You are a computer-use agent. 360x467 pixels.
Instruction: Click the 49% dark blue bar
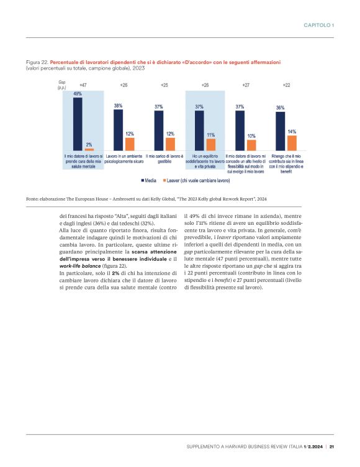coord(78,124)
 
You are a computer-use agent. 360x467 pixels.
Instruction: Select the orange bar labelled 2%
coord(89,150)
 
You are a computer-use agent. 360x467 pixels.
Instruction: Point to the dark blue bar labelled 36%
coord(280,131)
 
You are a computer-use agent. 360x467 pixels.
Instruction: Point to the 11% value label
coord(211,135)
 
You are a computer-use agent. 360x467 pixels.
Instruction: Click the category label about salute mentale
coord(84,161)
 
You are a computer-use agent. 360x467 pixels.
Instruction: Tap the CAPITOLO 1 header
coord(319,25)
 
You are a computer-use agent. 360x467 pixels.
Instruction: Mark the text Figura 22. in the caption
coord(37,62)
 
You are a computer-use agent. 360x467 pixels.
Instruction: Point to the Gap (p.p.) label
coord(62,85)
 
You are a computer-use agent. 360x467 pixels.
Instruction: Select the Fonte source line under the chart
coord(146,198)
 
